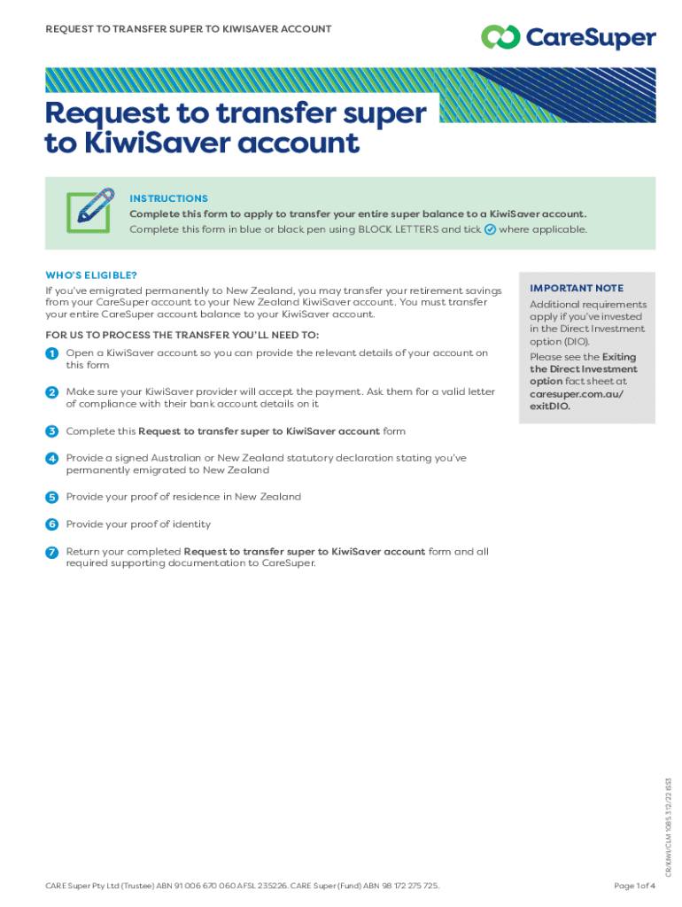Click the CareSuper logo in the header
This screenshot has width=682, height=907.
pyautogui.click(x=568, y=37)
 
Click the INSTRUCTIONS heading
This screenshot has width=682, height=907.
pyautogui.click(x=168, y=198)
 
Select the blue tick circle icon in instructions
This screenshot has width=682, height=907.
pyautogui.click(x=490, y=229)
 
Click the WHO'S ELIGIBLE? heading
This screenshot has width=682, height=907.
pyautogui.click(x=91, y=275)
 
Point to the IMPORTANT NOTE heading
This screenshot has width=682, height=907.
pyautogui.click(x=576, y=288)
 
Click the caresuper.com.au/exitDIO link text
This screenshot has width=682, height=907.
pyautogui.click(x=570, y=400)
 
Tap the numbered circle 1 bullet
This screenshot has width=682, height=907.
pyautogui.click(x=52, y=353)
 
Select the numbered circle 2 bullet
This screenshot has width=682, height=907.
pyautogui.click(x=52, y=391)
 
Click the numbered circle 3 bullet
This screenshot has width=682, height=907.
pyautogui.click(x=52, y=431)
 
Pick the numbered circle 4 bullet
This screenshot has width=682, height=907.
pyautogui.click(x=52, y=458)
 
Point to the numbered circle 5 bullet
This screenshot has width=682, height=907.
pyautogui.click(x=52, y=497)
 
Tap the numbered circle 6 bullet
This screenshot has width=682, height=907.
pyautogui.click(x=52, y=524)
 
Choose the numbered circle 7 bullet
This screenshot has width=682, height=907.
pyautogui.click(x=52, y=552)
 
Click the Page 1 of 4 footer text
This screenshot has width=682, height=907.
pyautogui.click(x=634, y=886)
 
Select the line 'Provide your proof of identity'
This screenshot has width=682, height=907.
pyautogui.click(x=138, y=524)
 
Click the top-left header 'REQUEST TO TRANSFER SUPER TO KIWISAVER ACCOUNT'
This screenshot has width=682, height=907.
pyautogui.click(x=188, y=29)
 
